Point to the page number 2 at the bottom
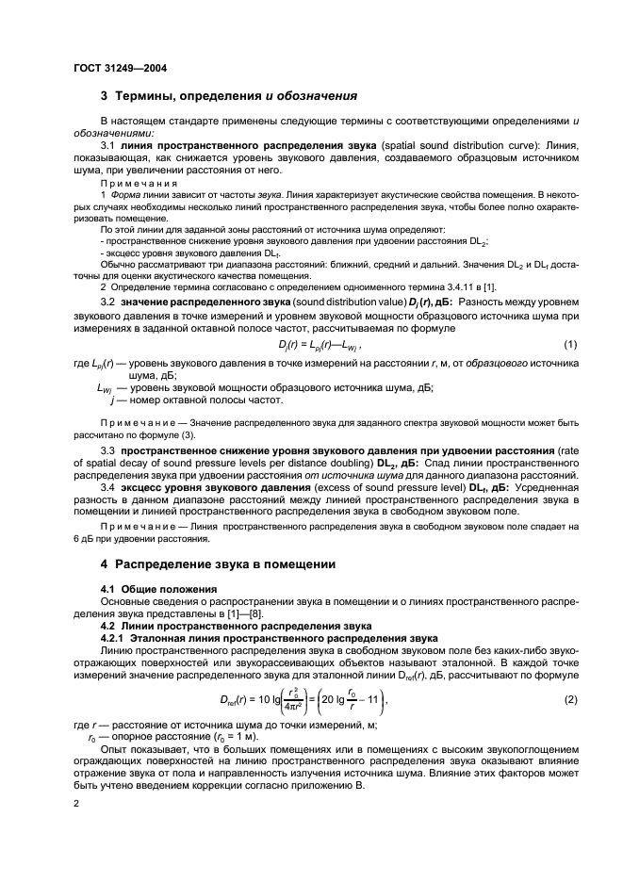coord(77,801)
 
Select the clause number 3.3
coord(108,451)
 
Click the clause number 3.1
coord(108,146)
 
